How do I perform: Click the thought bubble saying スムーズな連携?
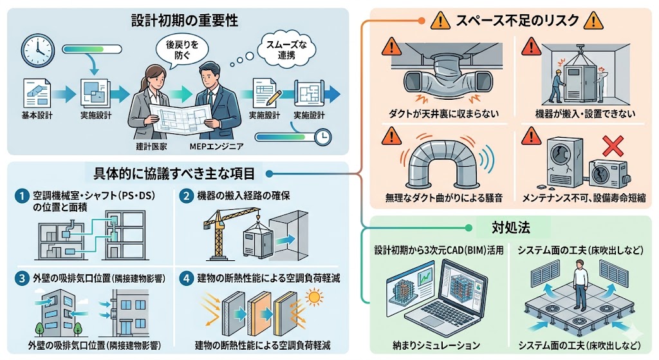point(279,50)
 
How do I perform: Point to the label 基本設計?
point(37,116)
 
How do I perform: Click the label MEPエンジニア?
point(217,146)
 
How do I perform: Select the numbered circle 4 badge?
point(185,279)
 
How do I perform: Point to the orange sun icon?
point(315,298)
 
